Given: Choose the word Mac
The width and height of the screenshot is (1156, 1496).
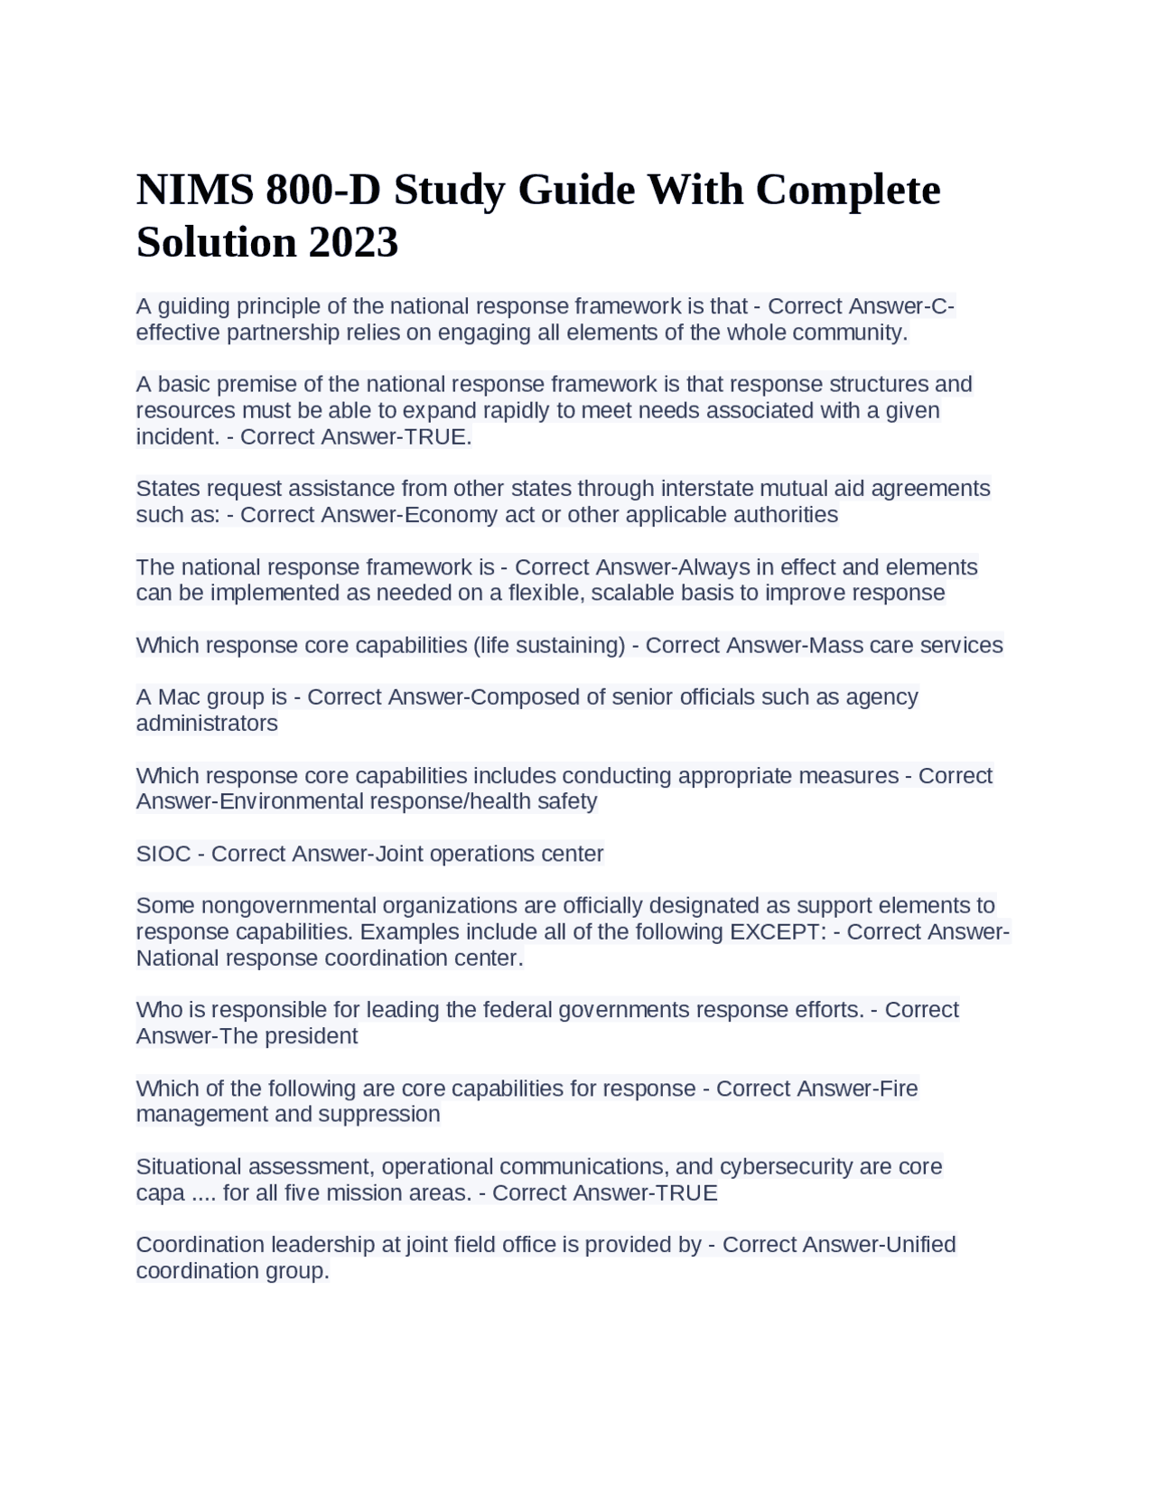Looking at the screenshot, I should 179,697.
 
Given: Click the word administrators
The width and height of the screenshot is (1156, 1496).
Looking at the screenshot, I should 207,724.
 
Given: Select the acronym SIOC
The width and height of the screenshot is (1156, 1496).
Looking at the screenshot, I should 163,855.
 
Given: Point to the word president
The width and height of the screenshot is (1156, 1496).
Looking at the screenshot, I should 312,1036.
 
